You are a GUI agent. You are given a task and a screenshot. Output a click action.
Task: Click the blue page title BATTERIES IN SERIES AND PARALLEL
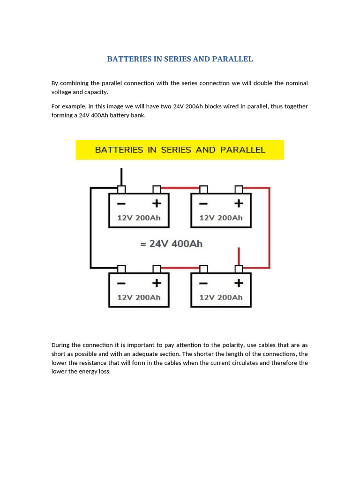(180, 59)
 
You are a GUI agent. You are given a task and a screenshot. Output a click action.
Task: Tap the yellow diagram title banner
(180, 150)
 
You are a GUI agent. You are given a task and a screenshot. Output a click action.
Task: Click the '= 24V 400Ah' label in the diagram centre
(171, 244)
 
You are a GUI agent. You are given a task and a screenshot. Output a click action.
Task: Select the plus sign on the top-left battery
(157, 203)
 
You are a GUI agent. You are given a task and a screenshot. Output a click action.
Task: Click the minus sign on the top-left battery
(121, 203)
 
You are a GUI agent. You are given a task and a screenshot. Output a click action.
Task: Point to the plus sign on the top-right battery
(239, 203)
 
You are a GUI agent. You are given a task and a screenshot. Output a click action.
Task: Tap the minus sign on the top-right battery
(203, 203)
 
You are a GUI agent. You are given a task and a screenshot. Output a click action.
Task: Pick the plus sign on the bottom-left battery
(157, 283)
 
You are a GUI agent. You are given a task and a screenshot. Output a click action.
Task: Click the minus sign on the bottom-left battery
(121, 283)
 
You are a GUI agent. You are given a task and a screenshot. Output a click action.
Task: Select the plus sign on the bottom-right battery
(239, 283)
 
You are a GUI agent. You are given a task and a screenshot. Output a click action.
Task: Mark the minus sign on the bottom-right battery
(203, 283)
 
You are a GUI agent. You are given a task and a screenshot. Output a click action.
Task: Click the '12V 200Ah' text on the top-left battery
(139, 218)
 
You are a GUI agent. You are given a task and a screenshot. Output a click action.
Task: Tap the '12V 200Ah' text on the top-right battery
(221, 218)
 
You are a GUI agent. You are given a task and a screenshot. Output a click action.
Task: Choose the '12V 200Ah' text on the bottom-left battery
(139, 298)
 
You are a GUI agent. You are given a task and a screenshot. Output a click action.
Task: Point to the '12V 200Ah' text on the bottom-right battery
(221, 298)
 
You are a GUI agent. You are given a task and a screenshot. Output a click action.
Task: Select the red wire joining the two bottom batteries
(180, 268)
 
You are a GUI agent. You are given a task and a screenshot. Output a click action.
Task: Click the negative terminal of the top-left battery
(121, 189)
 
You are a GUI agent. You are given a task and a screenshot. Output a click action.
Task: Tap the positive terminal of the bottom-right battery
(239, 269)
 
